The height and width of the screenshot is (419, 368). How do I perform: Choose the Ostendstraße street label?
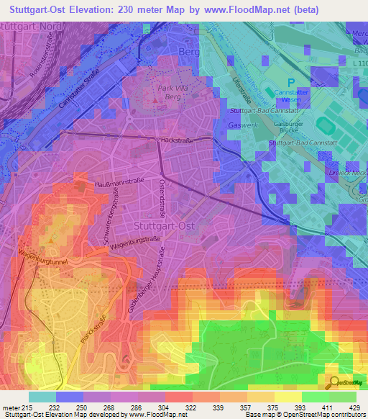pyautogui.click(x=164, y=198)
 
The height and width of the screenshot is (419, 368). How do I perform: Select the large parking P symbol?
pyautogui.click(x=291, y=82)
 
